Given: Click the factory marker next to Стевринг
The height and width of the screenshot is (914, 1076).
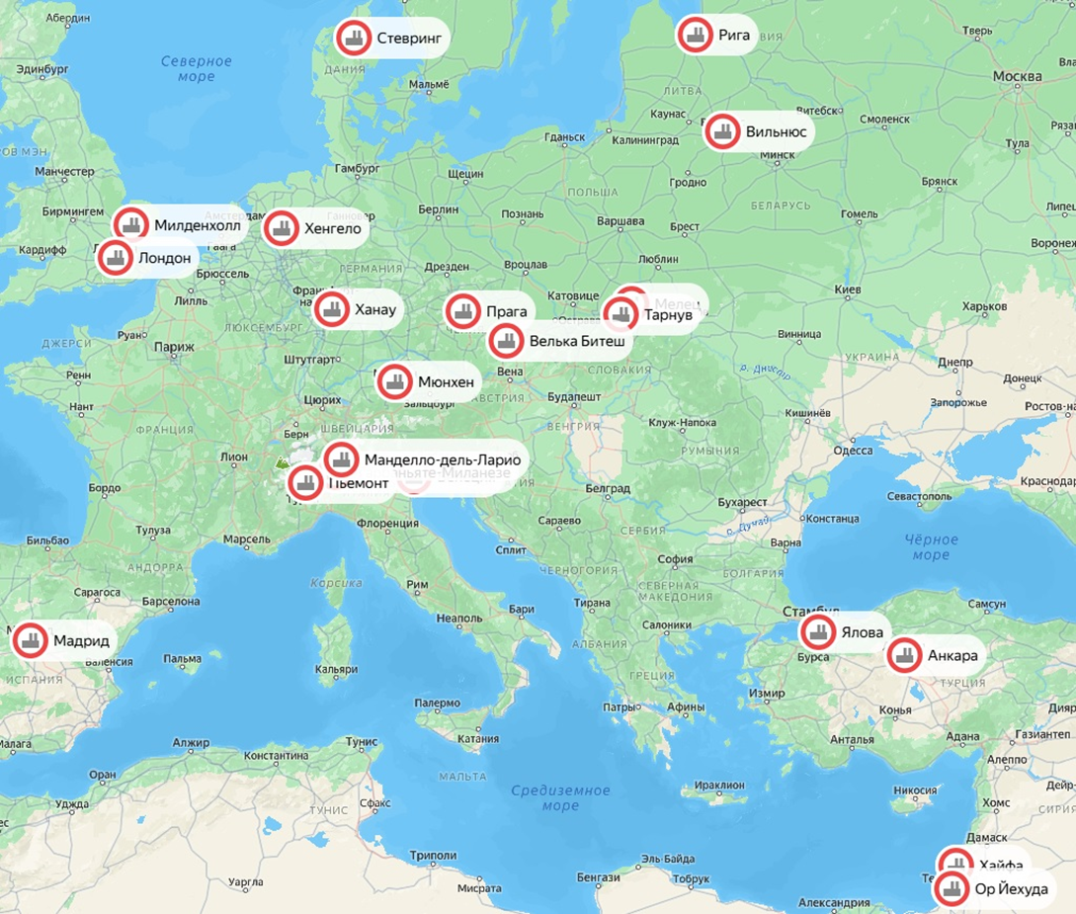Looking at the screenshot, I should [352, 39].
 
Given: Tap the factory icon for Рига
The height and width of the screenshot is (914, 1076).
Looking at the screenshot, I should [695, 35].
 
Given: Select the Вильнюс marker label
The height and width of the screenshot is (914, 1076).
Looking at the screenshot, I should [776, 131].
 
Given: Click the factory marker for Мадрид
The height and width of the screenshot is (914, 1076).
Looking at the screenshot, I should [30, 640].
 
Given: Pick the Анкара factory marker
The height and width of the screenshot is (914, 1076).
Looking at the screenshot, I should [903, 655].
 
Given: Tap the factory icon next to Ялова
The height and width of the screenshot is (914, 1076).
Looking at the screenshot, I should [817, 632].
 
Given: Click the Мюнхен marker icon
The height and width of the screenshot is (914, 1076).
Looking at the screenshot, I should [394, 382].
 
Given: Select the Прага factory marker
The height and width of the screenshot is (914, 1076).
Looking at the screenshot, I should [461, 311].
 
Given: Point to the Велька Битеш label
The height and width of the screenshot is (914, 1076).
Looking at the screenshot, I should [576, 342].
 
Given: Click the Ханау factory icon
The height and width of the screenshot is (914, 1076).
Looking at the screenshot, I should [331, 309].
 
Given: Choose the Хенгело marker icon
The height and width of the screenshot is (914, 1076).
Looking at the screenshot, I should [282, 229].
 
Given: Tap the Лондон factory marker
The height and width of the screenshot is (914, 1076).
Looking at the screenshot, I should [116, 259].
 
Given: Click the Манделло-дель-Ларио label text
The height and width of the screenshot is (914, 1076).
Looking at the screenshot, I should [442, 459].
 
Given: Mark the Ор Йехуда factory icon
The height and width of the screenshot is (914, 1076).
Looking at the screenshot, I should [952, 889].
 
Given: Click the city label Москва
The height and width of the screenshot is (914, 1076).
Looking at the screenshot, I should [1017, 76].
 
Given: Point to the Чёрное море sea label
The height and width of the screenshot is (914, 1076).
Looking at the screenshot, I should [931, 547].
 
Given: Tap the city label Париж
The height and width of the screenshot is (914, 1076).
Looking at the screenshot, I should [174, 347].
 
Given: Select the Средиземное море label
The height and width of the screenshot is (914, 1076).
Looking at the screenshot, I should [560, 797].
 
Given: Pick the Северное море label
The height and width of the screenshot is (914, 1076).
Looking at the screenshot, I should [196, 68].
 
